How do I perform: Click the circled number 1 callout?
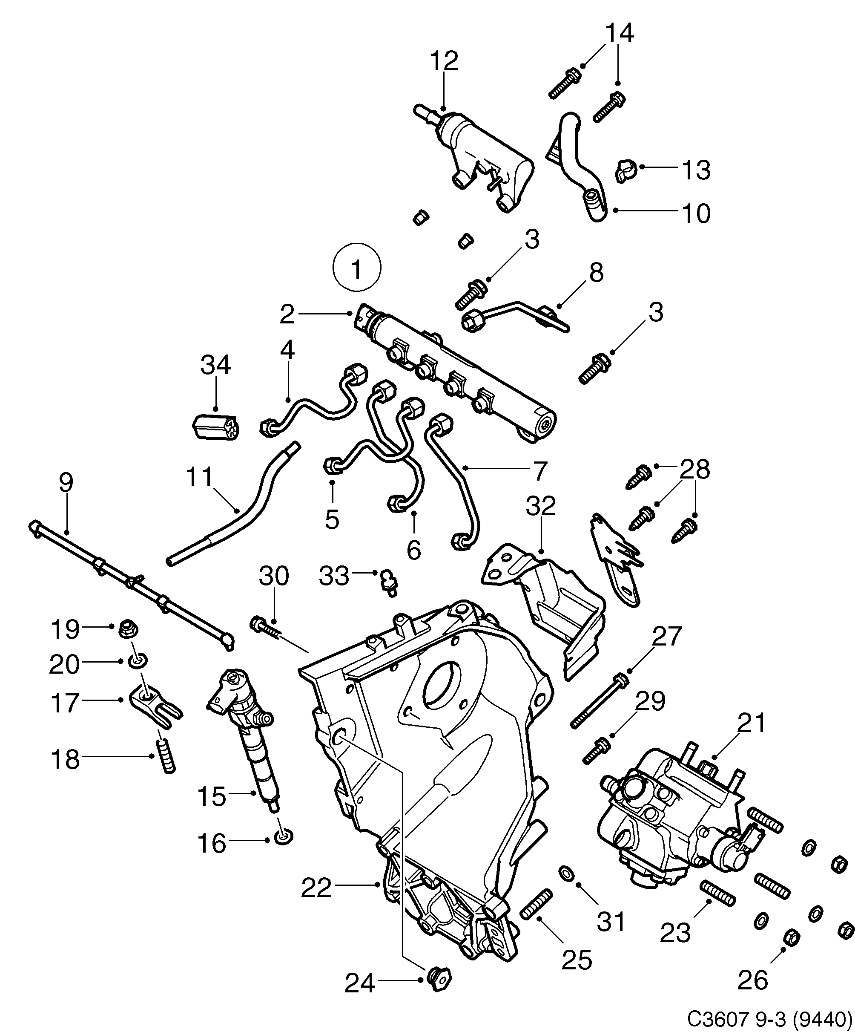click(x=356, y=269)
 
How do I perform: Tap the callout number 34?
click(x=215, y=365)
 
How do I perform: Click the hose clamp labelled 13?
click(x=625, y=170)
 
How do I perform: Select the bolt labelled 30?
click(x=265, y=628)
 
